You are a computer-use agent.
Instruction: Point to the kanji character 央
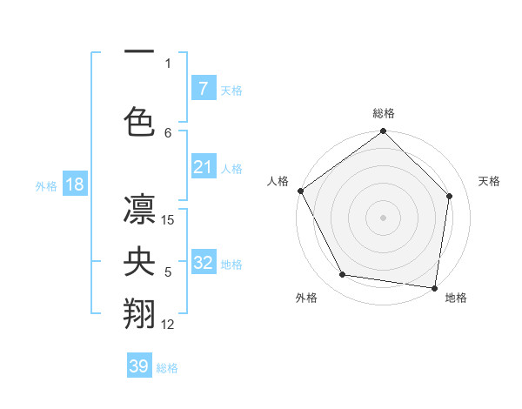point(139,262)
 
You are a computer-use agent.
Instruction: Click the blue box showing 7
point(203,89)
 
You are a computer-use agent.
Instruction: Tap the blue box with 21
point(203,167)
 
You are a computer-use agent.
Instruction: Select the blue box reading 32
point(203,263)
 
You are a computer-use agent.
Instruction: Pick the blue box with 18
point(74,184)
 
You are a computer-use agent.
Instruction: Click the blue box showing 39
point(139,366)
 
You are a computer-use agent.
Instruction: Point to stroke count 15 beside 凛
point(169,220)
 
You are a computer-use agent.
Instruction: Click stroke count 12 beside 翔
point(169,325)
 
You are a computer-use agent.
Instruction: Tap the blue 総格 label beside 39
point(167,368)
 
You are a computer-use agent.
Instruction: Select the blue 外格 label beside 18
point(45,186)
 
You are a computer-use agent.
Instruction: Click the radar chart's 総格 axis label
point(384,113)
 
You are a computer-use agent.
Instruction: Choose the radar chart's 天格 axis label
point(490,181)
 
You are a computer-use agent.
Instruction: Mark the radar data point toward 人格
point(301,191)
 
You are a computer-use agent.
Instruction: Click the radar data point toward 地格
point(434,286)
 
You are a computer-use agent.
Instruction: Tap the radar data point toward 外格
point(343,275)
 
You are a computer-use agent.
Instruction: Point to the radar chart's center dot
point(384,217)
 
